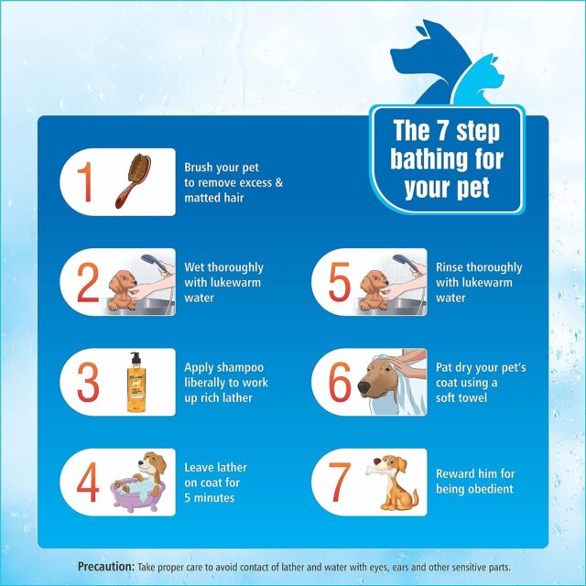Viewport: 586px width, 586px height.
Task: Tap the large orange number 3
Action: point(88,382)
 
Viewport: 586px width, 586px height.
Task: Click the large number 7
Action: point(340,483)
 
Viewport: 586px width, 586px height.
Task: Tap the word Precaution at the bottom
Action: point(106,567)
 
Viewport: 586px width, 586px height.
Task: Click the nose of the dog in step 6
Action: point(364,386)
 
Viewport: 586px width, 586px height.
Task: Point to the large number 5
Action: point(340,282)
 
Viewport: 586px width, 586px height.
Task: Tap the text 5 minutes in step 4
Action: point(210,498)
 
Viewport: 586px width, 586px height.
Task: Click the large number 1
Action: point(85,181)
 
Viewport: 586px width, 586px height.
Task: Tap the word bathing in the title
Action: point(427,158)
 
